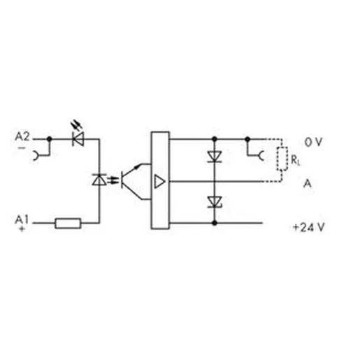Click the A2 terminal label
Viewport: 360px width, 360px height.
(22, 136)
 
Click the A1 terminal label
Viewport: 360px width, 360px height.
(22, 219)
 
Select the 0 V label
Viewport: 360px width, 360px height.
(313, 142)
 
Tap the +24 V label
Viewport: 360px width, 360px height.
(308, 227)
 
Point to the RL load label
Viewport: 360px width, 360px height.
(296, 160)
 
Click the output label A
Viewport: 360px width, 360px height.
(308, 184)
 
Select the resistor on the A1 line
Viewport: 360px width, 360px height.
(68, 223)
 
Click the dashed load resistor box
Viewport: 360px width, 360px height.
(282, 159)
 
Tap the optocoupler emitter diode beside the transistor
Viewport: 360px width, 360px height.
(99, 180)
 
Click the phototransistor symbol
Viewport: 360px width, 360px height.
(133, 182)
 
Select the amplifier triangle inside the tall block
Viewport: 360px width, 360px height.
(160, 181)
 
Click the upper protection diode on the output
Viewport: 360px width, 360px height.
(215, 157)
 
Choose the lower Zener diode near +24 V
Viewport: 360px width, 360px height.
(215, 202)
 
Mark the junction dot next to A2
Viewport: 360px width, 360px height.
(50, 139)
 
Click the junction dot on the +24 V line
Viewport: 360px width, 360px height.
(215, 223)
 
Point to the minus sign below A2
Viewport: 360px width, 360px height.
(22, 147)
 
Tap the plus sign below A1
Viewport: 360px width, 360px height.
(22, 229)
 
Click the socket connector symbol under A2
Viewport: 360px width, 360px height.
(36, 155)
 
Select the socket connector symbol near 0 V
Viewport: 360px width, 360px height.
(261, 155)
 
